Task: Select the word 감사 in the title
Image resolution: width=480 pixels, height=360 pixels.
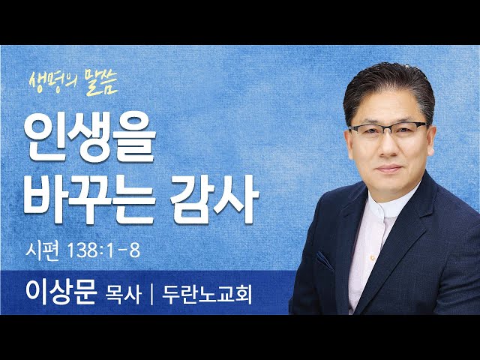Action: click(214, 199)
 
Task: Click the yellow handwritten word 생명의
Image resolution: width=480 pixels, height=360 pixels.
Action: click(53, 81)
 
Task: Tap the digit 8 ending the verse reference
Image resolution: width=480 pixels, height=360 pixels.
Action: click(135, 251)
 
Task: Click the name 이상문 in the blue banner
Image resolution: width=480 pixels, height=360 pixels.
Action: click(61, 292)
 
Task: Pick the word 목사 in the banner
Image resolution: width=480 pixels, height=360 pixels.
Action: click(123, 295)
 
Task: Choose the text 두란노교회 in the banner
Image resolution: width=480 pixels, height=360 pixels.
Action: click(207, 295)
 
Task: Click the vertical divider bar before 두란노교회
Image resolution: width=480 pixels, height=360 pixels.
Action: click(151, 295)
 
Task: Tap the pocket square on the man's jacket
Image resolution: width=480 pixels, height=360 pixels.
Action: click(325, 260)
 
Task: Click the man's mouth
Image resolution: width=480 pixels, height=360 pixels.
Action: click(389, 168)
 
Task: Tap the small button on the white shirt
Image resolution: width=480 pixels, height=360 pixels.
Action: click(373, 258)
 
